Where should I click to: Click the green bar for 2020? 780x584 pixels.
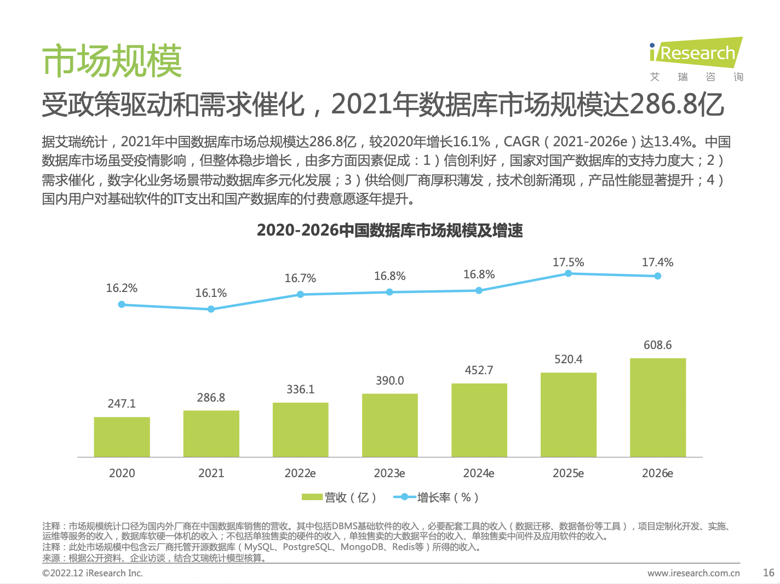tap(122, 437)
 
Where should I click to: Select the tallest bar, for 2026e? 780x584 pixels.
tap(658, 408)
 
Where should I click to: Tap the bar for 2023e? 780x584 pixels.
tap(390, 425)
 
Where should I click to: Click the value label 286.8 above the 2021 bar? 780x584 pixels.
tap(211, 397)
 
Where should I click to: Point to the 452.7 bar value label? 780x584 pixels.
tap(479, 370)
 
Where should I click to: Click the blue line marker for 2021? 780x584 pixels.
tap(211, 309)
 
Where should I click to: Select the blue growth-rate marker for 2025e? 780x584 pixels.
tap(568, 273)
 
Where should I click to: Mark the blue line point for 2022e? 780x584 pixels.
tap(300, 294)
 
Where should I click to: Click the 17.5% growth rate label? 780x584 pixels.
tap(568, 262)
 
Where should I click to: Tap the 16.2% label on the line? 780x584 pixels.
tap(122, 288)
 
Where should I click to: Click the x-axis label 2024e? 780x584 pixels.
tap(479, 473)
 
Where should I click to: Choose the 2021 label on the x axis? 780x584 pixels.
tap(211, 473)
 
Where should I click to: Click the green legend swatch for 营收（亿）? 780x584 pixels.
tap(312, 497)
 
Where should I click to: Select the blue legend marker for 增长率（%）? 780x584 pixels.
tap(404, 497)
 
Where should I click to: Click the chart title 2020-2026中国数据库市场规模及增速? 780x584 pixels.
tap(390, 230)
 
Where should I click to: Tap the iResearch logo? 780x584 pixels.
tap(696, 59)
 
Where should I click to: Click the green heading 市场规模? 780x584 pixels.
tap(112, 61)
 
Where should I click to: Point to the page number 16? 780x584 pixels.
tap(768, 572)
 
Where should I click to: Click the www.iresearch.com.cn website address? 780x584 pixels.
tap(693, 573)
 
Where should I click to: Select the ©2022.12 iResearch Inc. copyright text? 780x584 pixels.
tap(93, 573)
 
